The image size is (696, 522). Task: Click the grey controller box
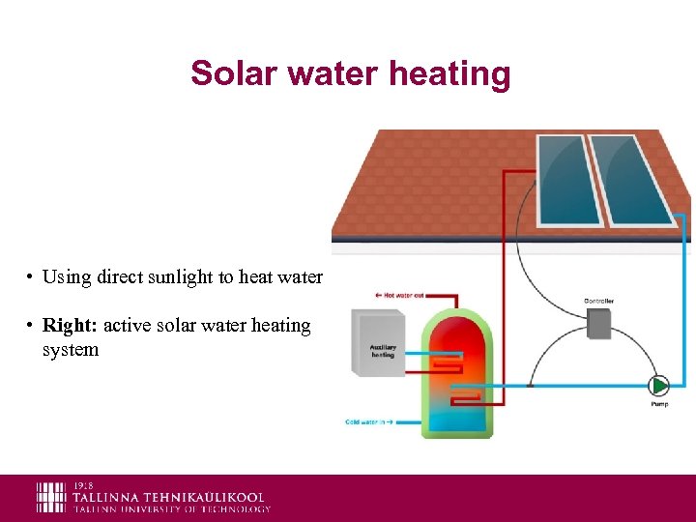click(599, 323)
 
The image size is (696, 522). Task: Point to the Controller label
click(599, 301)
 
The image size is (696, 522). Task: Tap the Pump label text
click(658, 404)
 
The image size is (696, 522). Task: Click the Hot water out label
click(399, 294)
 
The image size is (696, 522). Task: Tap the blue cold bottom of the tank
click(455, 418)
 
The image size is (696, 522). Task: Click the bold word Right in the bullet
click(70, 326)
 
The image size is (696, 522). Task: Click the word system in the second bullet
click(71, 350)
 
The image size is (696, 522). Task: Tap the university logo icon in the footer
click(51, 497)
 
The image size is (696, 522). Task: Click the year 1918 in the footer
click(84, 485)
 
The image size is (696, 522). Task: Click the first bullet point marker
click(31, 277)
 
